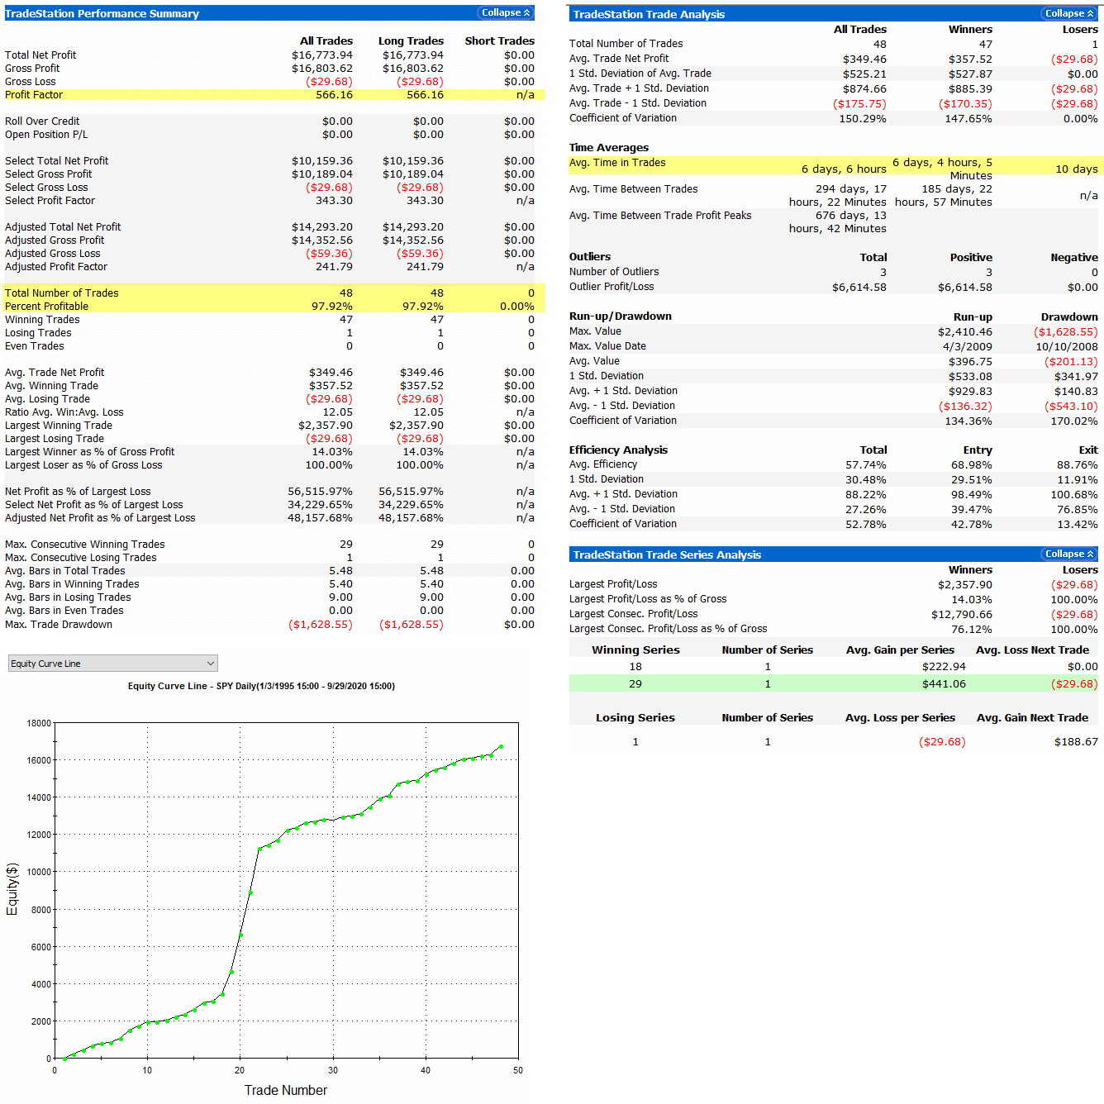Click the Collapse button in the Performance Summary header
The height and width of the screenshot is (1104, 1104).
tap(506, 12)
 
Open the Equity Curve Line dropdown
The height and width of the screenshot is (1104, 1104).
tap(113, 664)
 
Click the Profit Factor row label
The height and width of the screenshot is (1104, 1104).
tap(34, 95)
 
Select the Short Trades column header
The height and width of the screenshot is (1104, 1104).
tap(499, 40)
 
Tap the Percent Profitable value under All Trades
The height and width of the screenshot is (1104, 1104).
tap(331, 307)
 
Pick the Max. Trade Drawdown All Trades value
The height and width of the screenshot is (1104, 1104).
tap(321, 625)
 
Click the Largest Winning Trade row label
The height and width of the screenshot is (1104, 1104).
tap(59, 426)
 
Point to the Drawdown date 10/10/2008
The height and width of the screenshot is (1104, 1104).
tap(1066, 346)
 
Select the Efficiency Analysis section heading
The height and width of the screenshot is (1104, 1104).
tap(618, 450)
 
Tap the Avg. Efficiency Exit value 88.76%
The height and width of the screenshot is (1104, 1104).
tap(1077, 465)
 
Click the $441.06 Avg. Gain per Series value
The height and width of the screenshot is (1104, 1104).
tap(944, 683)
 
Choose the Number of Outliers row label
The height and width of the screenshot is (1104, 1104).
tap(614, 272)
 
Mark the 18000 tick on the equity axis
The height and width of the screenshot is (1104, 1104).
tap(39, 723)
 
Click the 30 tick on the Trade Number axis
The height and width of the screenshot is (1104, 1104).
tap(333, 1070)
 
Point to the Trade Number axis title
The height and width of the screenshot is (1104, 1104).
tap(286, 1090)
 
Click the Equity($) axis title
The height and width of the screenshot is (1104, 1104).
tap(12, 888)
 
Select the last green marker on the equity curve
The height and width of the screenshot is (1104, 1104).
tap(501, 747)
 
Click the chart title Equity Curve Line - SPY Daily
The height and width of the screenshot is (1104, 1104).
tap(261, 686)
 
